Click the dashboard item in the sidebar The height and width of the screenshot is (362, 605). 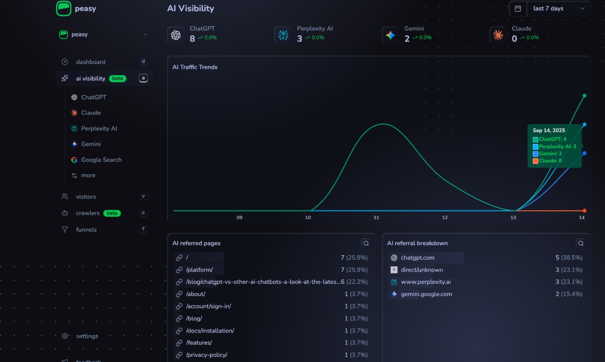[91, 62]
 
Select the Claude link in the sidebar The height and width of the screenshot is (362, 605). [91, 113]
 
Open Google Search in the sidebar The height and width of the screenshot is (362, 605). [101, 160]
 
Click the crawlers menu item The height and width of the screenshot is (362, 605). [88, 213]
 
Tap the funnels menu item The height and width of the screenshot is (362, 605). [86, 230]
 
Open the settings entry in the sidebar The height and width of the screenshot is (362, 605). [87, 336]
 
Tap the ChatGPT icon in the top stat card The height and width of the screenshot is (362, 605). [176, 35]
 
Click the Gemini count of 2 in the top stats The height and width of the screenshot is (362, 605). [407, 39]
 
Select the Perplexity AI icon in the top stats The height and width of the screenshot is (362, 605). [283, 35]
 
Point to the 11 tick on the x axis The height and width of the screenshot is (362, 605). [376, 218]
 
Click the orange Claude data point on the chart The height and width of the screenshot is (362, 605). [585, 211]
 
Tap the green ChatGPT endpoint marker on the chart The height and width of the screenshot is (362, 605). [585, 96]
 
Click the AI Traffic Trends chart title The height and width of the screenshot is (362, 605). [195, 67]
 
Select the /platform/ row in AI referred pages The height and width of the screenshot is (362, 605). [199, 270]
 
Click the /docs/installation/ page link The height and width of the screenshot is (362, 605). [210, 331]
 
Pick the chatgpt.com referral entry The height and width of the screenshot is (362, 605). [417, 258]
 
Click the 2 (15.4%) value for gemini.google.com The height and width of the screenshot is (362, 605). [569, 294]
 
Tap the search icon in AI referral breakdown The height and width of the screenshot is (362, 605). [581, 243]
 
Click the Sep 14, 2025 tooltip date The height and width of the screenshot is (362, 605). [549, 131]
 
